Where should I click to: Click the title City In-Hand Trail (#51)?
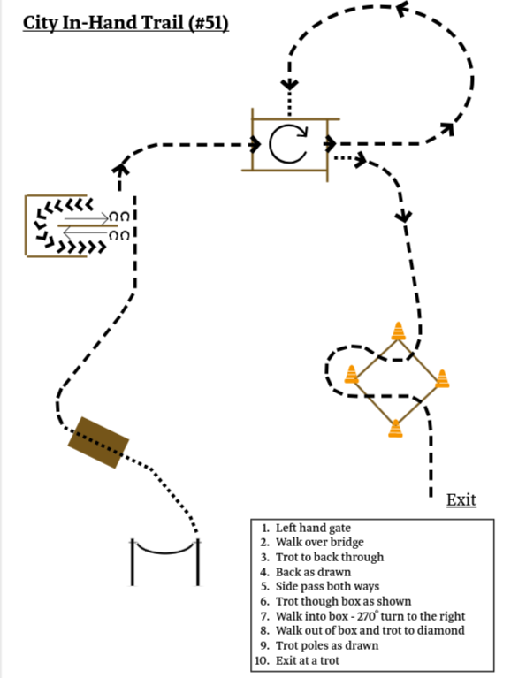(x=126, y=23)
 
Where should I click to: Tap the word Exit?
(x=461, y=499)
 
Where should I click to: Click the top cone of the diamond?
(x=398, y=331)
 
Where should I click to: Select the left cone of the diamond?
(x=351, y=374)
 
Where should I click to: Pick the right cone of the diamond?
(x=442, y=378)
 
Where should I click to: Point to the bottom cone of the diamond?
(x=395, y=429)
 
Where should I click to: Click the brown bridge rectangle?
(x=99, y=442)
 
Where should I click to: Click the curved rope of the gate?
(x=164, y=551)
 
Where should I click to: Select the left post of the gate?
(x=133, y=562)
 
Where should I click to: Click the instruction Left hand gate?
(x=313, y=528)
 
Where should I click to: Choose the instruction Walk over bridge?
(x=320, y=542)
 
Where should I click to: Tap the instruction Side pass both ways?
(x=327, y=586)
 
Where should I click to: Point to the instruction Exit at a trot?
(x=308, y=660)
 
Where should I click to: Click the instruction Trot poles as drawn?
(x=327, y=645)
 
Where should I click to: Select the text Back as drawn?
(x=313, y=572)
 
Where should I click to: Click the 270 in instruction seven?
(x=366, y=616)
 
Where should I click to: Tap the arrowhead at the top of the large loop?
(x=402, y=8)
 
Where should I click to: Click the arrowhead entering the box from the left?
(x=255, y=144)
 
